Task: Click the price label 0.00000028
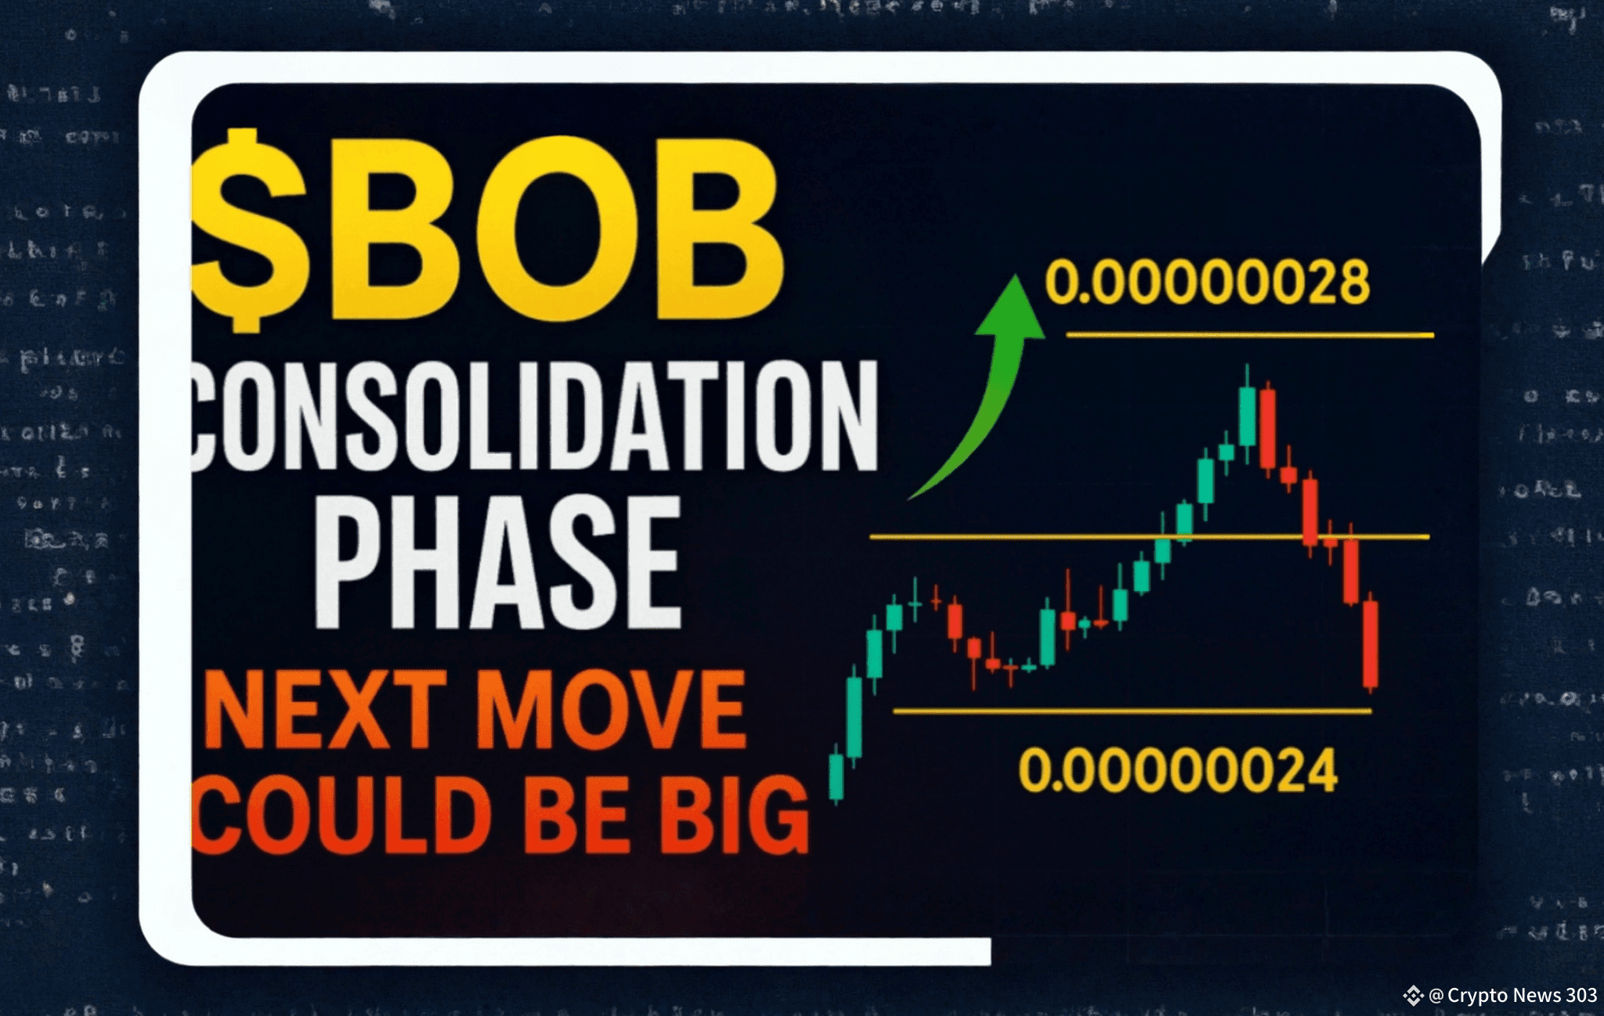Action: (x=1207, y=283)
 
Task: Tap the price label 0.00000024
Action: (x=1177, y=771)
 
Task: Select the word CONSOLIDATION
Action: (x=534, y=416)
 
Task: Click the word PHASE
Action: (x=498, y=564)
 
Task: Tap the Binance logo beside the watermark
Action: (x=1413, y=996)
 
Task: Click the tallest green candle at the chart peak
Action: (x=1247, y=416)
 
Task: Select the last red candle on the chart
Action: (x=1370, y=644)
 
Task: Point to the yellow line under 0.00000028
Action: (x=1249, y=335)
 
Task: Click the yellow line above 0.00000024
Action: (x=1132, y=711)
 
